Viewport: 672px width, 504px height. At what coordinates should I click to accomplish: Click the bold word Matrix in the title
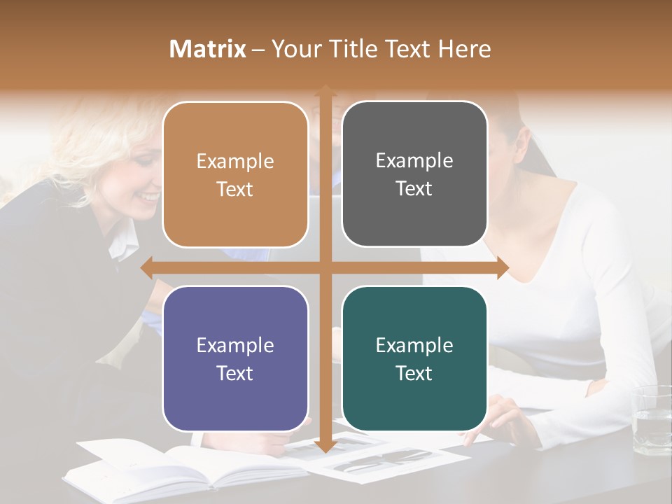[x=208, y=49]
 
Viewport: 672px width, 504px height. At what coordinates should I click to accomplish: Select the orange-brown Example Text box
[x=235, y=174]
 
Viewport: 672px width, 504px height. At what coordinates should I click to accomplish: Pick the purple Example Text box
[x=235, y=358]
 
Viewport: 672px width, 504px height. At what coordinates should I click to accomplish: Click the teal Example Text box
[x=414, y=358]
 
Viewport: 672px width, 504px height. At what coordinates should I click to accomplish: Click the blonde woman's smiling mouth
[x=149, y=198]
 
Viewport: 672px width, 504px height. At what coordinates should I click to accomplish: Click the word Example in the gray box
[x=414, y=160]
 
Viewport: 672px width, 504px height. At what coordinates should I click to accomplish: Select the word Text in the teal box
[x=414, y=373]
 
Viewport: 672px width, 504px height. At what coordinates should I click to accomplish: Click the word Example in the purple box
[x=235, y=345]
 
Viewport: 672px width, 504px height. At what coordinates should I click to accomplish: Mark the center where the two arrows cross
[x=325, y=267]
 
